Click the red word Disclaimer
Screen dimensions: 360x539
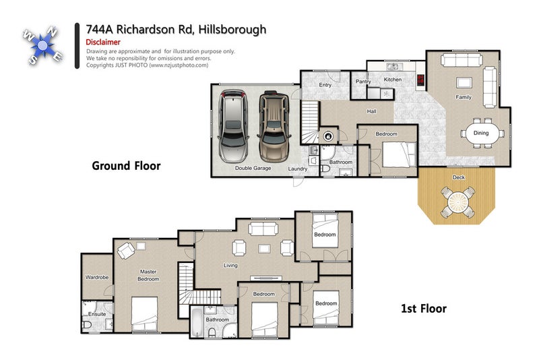(103, 42)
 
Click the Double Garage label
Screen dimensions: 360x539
(253, 168)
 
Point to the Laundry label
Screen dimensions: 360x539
(298, 169)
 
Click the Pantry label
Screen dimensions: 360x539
(363, 82)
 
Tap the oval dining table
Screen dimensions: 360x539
(481, 133)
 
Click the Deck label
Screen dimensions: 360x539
(459, 177)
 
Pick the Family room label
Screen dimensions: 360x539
(463, 97)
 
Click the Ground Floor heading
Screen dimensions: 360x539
(126, 165)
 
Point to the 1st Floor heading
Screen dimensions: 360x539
(424, 309)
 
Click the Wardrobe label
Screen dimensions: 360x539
(97, 277)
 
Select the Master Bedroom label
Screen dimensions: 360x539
(148, 275)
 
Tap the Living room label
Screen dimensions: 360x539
(230, 265)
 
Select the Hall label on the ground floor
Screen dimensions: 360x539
(371, 111)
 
